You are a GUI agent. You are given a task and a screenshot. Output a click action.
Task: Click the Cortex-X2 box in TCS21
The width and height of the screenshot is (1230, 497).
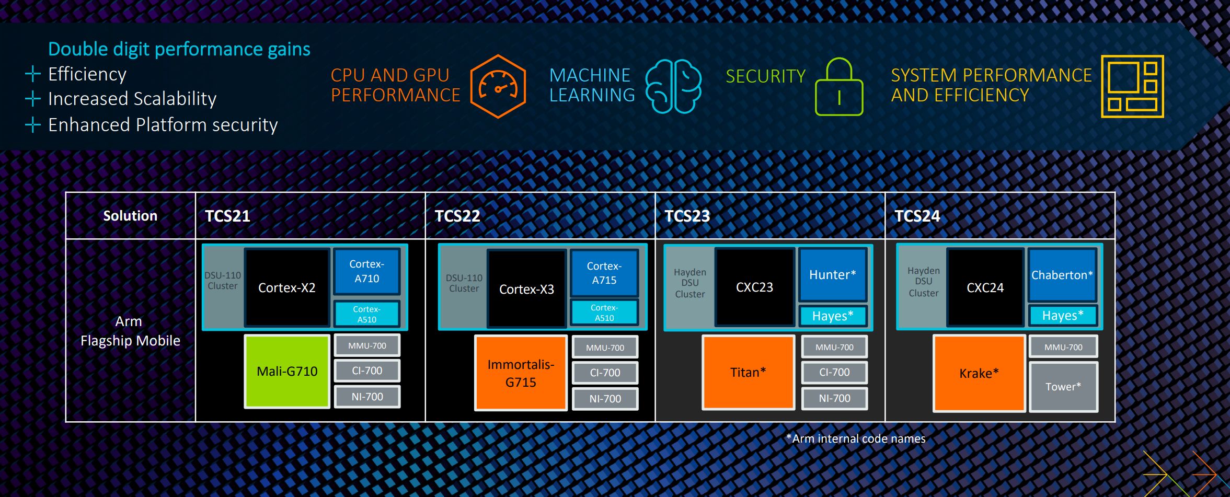pos(287,288)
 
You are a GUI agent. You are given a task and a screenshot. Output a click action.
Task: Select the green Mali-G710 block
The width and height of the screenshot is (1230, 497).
pos(287,371)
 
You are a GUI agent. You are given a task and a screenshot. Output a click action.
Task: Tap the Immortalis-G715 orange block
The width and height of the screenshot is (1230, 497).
pos(521,373)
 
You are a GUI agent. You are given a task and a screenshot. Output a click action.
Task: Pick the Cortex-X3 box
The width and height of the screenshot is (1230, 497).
pos(526,289)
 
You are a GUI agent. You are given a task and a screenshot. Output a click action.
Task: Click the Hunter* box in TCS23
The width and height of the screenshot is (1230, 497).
pos(833,275)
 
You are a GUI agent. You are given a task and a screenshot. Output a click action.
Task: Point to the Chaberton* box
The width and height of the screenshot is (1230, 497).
pos(1062,275)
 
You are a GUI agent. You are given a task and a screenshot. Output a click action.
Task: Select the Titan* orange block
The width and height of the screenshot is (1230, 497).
pos(748,372)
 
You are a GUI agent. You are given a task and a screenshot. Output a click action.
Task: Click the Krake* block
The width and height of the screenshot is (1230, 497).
pos(979,373)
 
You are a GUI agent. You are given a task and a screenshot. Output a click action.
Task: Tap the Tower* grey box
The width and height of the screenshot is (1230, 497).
pos(1063,387)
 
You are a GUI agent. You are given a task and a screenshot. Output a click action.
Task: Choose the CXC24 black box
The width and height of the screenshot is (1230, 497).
pos(985,287)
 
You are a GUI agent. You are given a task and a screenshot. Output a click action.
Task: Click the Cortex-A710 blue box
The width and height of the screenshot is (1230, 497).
pos(367,271)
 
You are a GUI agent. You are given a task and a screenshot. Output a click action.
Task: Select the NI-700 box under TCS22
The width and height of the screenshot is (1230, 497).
pos(605,399)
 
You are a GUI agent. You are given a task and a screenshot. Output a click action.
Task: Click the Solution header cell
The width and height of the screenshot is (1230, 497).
pos(130,216)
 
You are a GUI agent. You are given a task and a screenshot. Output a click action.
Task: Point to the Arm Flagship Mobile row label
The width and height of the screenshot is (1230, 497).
pos(130,331)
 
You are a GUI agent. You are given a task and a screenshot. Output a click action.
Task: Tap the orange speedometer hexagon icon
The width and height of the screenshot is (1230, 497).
pos(498,86)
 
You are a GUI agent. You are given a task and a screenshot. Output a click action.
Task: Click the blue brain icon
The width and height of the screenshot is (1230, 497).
pos(674,86)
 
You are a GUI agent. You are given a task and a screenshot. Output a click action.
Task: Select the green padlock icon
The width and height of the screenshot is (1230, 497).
pos(839,87)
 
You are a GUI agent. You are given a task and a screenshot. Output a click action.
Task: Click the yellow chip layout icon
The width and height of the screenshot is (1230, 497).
pos(1132,86)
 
